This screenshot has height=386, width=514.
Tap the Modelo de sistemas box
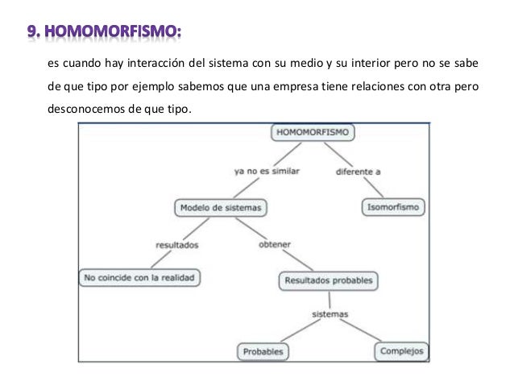(221, 207)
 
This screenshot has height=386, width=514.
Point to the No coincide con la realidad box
(139, 278)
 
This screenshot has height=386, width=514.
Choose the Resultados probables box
(329, 281)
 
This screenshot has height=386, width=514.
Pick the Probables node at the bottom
(263, 352)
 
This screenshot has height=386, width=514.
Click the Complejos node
(401, 351)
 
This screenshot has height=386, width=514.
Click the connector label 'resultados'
(176, 244)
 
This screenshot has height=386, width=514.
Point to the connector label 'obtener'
(275, 243)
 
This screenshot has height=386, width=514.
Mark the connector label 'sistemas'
(329, 315)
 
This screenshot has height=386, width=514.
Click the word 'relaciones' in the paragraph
(375, 88)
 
